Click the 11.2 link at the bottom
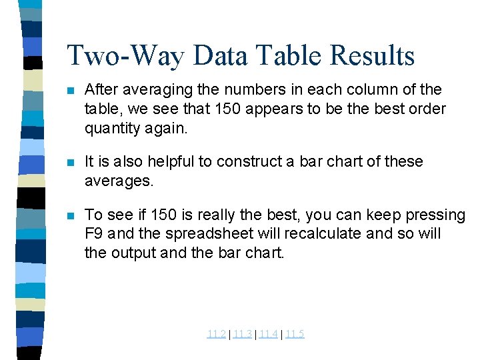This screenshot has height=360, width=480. coord(216,334)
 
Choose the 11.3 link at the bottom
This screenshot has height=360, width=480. coord(242,334)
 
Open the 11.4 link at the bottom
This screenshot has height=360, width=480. coord(268,334)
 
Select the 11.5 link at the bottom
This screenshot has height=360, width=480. coord(294,334)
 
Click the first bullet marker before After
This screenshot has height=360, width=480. coord(71,90)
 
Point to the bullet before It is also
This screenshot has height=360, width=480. coord(71,162)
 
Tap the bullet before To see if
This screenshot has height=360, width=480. coord(71,216)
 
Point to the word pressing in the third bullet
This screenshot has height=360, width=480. coord(436,215)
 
